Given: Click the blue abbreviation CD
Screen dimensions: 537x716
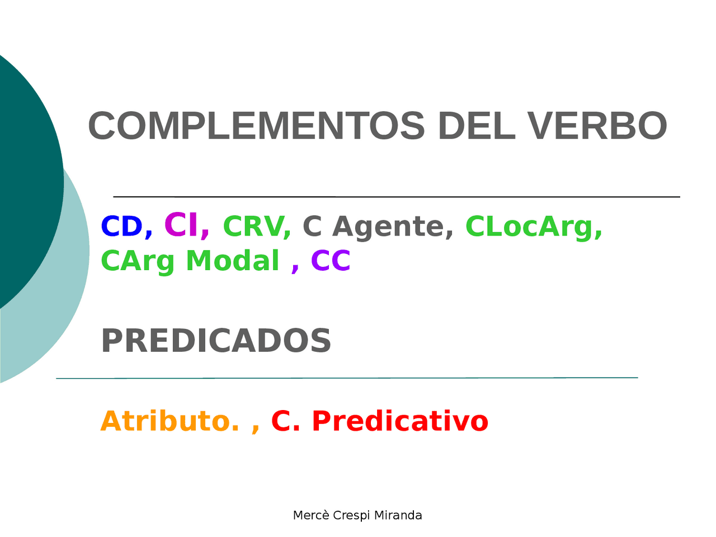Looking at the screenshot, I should click(x=121, y=227).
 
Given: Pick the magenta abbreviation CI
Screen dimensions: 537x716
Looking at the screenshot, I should click(x=181, y=225).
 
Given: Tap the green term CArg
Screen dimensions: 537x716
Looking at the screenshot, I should click(x=138, y=262).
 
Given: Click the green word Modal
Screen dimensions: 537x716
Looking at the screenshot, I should click(x=232, y=261).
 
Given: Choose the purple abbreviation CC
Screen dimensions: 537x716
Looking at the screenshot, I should click(x=331, y=261).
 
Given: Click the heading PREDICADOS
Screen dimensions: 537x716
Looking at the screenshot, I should click(x=216, y=341).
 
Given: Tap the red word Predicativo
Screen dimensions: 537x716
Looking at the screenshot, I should click(x=399, y=421).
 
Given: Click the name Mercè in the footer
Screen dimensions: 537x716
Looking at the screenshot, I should click(x=311, y=515).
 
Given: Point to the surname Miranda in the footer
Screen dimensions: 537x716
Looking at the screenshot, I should click(x=398, y=515).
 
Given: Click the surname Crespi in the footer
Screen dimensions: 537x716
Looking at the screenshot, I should click(x=351, y=516).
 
